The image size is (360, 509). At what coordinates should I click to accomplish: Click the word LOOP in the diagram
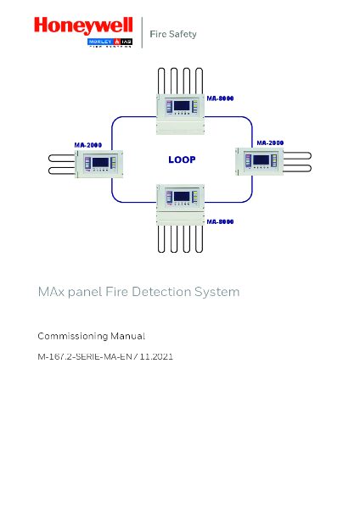click(x=182, y=159)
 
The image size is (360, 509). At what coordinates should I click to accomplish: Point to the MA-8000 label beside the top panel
click(x=221, y=98)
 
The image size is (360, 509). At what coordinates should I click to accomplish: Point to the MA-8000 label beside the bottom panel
click(x=221, y=221)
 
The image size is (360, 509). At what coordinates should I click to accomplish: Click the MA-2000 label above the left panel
click(x=88, y=144)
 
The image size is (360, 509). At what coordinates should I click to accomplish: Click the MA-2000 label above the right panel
click(x=270, y=143)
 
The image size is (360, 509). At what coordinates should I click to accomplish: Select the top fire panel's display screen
click(x=181, y=107)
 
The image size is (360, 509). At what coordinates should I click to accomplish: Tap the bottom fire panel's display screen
click(x=181, y=197)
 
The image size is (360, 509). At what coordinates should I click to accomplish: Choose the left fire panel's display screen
click(x=100, y=161)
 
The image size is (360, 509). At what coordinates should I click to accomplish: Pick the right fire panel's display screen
click(x=261, y=159)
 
